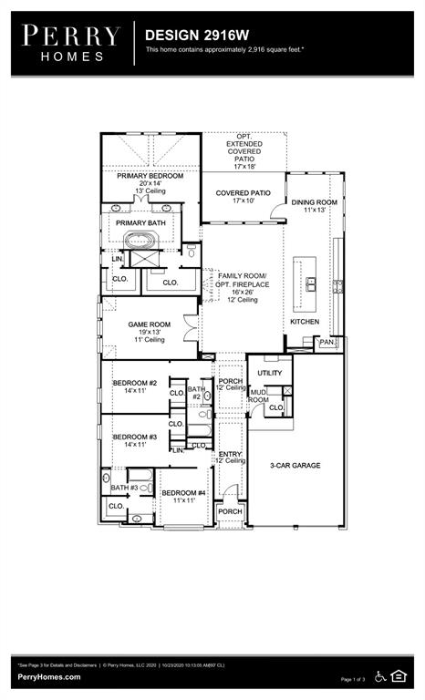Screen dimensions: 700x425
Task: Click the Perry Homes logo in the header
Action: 71,42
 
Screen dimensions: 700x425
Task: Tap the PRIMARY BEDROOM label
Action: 150,175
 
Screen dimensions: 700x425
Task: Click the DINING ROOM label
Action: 314,202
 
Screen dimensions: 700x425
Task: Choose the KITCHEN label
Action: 305,322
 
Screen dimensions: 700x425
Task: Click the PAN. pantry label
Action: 327,342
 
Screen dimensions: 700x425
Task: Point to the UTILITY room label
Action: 270,373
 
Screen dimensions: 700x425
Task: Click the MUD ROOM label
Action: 259,396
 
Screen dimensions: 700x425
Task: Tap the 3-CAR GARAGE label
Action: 295,465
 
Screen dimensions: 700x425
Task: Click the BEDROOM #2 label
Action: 135,383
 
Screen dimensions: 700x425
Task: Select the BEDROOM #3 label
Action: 135,437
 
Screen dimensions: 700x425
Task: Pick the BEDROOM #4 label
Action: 183,493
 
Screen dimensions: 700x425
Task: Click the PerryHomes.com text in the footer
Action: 48,677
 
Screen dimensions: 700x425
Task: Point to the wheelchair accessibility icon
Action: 380,675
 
